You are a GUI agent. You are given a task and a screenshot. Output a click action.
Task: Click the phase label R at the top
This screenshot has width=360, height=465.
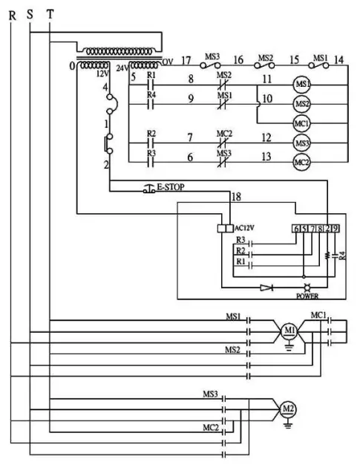(x=11, y=13)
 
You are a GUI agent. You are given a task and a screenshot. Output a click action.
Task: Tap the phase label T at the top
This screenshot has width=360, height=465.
(x=49, y=13)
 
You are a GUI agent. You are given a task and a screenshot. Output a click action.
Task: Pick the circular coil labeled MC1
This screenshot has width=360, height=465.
(x=301, y=123)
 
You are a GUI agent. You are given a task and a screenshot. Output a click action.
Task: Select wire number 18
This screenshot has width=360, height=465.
(x=236, y=197)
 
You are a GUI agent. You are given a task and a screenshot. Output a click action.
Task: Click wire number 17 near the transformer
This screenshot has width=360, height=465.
(x=186, y=59)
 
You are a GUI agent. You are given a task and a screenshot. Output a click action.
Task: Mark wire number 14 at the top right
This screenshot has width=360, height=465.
(x=338, y=59)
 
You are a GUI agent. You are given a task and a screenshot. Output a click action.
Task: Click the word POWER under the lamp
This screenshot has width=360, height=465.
(x=307, y=296)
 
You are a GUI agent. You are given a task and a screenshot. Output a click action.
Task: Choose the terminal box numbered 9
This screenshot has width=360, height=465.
(x=336, y=229)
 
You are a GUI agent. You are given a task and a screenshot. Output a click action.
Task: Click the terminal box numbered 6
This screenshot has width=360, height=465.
(x=297, y=229)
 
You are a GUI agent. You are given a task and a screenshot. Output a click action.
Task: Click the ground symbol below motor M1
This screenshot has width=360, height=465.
(x=289, y=346)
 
